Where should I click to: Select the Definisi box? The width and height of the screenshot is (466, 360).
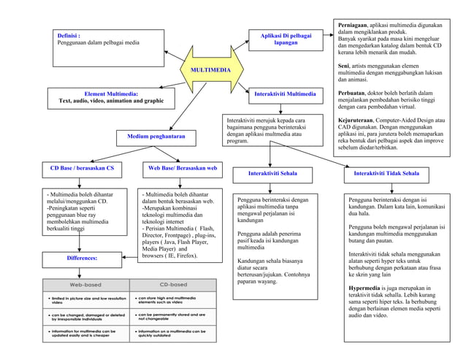point(108,47)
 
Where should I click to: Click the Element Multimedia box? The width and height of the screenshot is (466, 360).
point(111,98)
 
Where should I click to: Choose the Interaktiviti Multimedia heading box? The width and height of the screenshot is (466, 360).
point(285,94)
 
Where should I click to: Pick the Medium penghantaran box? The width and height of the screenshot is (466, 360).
point(156,137)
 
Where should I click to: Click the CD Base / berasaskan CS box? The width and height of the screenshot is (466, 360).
point(82,169)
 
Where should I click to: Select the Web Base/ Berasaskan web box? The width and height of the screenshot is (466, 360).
point(183,169)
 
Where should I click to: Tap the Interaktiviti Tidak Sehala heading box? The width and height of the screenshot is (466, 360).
point(386,174)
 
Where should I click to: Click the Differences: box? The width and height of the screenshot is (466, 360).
point(82,258)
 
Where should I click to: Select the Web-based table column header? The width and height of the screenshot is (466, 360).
point(85,284)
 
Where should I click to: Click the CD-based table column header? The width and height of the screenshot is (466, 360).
point(173,284)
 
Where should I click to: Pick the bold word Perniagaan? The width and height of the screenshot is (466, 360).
point(352,26)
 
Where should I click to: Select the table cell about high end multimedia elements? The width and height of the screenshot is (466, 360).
point(173,299)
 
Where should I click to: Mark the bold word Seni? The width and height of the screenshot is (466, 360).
point(343,66)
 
